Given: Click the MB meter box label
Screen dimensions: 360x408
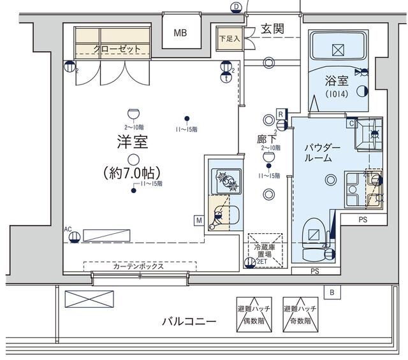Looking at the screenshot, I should click(181, 33).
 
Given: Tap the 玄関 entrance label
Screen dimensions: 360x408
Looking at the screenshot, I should click(272, 29).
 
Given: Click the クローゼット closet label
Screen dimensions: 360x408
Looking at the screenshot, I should click(113, 48).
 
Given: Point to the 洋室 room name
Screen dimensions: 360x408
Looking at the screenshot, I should click(132, 142).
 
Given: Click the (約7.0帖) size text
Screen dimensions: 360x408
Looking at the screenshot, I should click(132, 173).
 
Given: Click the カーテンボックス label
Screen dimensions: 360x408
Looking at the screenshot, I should click(138, 266).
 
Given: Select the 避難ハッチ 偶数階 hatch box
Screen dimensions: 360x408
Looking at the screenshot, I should click(253, 313).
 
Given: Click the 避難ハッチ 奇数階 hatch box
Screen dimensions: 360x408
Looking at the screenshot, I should click(300, 313).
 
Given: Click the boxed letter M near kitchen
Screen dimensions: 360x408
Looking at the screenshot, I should click(200, 220).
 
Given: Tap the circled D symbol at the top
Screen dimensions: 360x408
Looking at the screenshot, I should click(236, 6).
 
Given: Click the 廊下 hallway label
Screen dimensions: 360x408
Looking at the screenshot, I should click(266, 138).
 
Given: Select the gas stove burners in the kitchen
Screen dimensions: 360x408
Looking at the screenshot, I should click(226, 180).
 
